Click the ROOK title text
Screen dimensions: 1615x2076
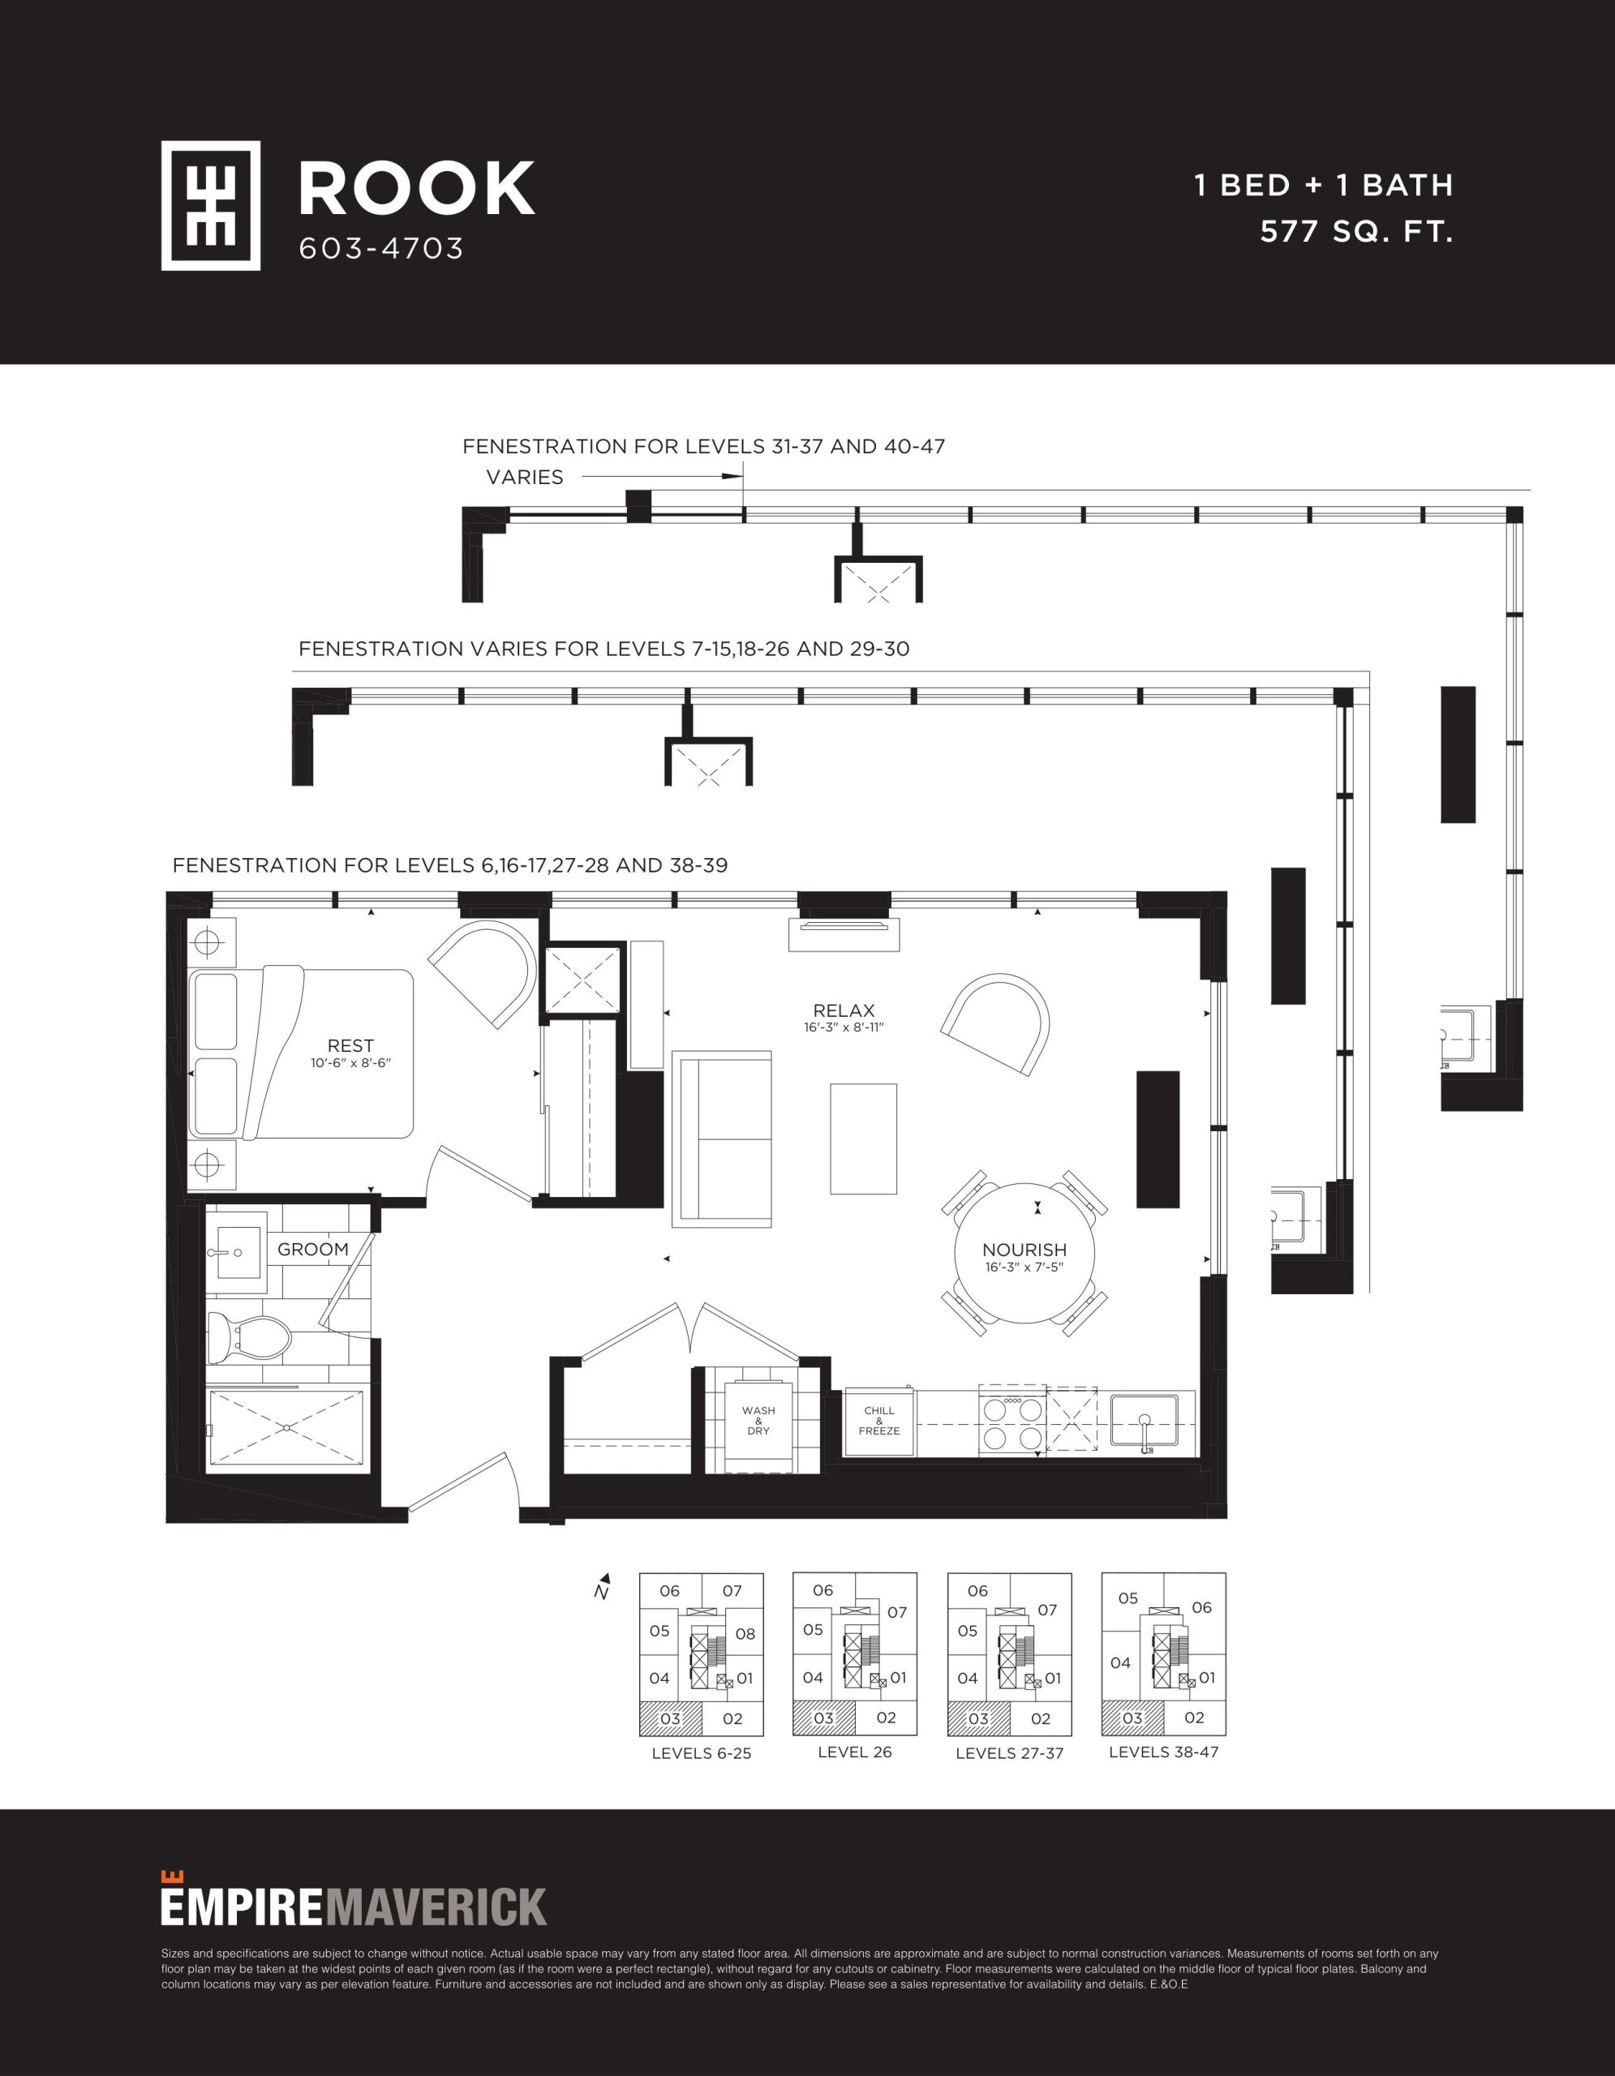(416, 188)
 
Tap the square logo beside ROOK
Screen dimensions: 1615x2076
(210, 205)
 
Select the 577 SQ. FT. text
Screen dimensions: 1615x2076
(1356, 231)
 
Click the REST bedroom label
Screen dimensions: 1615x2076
(350, 1045)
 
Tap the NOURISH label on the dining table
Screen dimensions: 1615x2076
(1024, 1250)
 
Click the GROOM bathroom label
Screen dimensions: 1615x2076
(313, 1249)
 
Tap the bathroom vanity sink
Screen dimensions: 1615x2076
(236, 1253)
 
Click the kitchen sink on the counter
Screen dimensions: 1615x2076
(1145, 1420)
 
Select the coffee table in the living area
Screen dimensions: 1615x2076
(863, 1139)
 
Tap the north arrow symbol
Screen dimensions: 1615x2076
(602, 1585)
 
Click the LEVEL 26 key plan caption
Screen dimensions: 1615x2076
(855, 1752)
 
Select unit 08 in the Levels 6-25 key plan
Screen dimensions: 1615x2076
(745, 1633)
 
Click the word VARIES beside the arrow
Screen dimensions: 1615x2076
(525, 477)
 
